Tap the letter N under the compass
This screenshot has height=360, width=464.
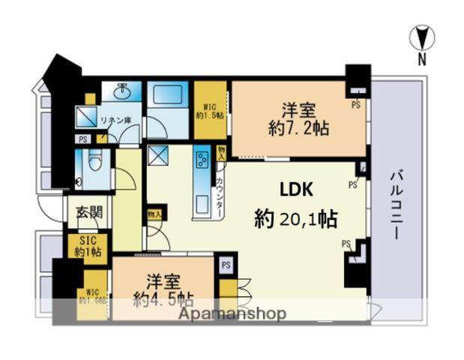pyautogui.click(x=422, y=59)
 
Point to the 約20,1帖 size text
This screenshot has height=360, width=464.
pyautogui.click(x=295, y=220)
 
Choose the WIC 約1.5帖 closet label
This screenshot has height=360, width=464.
pyautogui.click(x=209, y=111)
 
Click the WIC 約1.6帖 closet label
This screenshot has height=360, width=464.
pyautogui.click(x=93, y=296)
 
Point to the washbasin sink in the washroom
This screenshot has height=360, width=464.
pyautogui.click(x=122, y=91)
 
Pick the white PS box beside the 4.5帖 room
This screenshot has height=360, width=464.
pyautogui.click(x=225, y=264)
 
